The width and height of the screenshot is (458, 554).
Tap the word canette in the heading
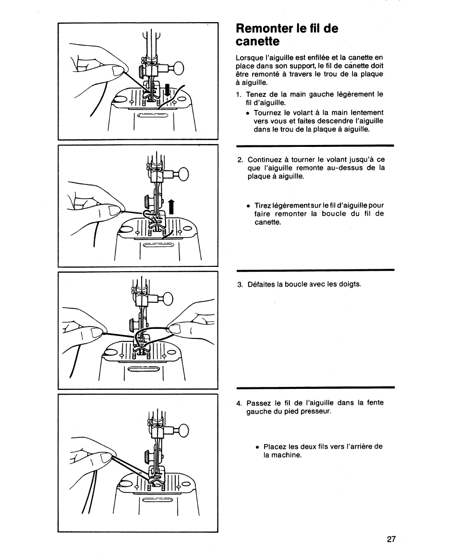pyautogui.click(x=258, y=42)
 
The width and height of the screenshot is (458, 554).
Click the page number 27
pyautogui.click(x=391, y=539)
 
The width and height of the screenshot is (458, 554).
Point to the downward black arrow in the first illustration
pyautogui.click(x=168, y=90)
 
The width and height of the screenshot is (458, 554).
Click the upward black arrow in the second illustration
pyautogui.click(x=171, y=207)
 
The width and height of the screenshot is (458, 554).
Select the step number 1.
pyautogui.click(x=239, y=95)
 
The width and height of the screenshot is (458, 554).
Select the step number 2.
pyautogui.click(x=240, y=160)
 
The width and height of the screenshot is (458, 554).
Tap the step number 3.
pyautogui.click(x=240, y=285)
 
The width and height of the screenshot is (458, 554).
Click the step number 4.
pyautogui.click(x=239, y=403)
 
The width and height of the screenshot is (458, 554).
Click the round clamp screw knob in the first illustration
pyautogui.click(x=178, y=68)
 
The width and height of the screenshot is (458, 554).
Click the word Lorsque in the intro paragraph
pyautogui.click(x=249, y=58)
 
